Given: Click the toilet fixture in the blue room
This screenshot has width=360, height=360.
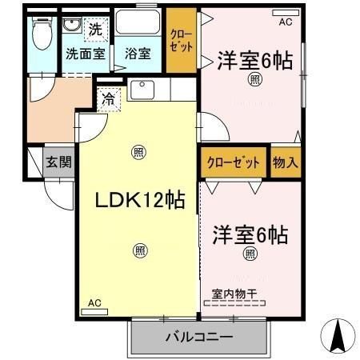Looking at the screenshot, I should click(x=41, y=34).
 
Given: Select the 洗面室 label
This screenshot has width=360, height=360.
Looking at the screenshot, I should click(x=86, y=54).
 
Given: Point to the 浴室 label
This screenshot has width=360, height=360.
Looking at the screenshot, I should click(x=138, y=54).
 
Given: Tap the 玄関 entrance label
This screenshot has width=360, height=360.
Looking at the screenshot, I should click(x=58, y=162).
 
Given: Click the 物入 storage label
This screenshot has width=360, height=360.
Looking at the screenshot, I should click(x=286, y=162).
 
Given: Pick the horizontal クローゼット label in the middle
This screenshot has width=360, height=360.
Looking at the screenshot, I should click(x=234, y=162).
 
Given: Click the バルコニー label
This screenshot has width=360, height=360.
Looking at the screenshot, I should click(x=198, y=337).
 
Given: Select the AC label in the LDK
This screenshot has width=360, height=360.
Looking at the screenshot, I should click(x=94, y=302).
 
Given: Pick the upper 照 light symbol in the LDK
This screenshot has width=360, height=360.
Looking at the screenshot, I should click(x=138, y=152).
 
